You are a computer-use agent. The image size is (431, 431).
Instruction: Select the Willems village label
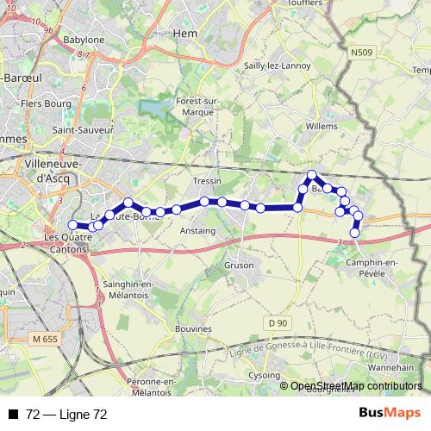tap(322, 126)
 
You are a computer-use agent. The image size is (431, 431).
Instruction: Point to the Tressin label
tap(208, 181)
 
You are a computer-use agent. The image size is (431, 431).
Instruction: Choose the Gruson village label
tap(238, 265)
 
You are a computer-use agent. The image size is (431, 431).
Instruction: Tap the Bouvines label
tap(192, 328)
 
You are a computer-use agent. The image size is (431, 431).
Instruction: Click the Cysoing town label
tap(265, 376)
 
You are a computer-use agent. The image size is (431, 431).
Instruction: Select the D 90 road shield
tap(276, 322)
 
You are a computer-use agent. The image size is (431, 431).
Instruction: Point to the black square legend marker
tap(13, 415)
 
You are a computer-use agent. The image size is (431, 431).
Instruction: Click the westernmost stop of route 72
tap(72, 226)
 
